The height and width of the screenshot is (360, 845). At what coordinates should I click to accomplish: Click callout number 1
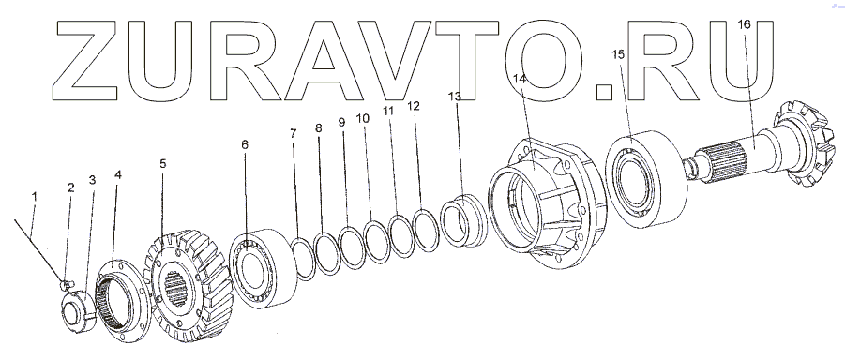pos(35,197)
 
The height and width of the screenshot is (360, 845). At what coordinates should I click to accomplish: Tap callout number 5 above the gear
pos(163,163)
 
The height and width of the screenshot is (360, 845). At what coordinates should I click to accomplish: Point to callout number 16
pos(743,24)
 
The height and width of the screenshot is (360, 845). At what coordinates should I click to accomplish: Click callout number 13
pos(455,97)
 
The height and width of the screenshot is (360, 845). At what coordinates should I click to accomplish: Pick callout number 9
pos(341,122)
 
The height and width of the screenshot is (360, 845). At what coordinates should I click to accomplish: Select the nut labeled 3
pos(79,311)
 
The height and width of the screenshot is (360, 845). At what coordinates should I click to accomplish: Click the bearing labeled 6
pos(263,268)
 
